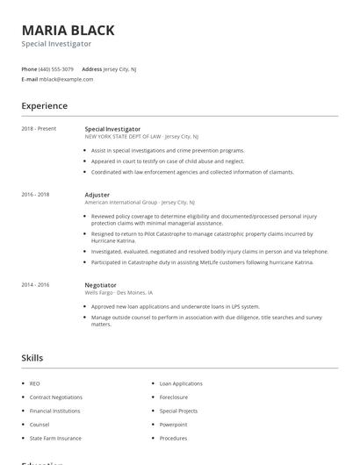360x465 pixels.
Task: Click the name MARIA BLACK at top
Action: point(68,30)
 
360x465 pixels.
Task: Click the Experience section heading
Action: point(44,106)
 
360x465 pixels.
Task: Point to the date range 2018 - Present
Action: point(39,129)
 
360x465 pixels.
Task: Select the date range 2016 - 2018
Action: point(35,194)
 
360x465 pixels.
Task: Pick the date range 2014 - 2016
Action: point(35,284)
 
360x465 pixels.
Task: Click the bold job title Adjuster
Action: point(97,194)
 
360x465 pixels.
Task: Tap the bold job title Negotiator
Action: point(100,284)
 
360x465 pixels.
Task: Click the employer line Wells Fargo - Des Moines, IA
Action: point(119,292)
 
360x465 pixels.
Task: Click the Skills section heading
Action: point(32,358)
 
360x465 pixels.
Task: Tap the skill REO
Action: point(34,383)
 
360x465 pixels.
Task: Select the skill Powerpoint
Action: point(174,424)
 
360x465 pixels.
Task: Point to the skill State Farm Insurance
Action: point(54,438)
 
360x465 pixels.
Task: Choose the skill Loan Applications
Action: point(181,383)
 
